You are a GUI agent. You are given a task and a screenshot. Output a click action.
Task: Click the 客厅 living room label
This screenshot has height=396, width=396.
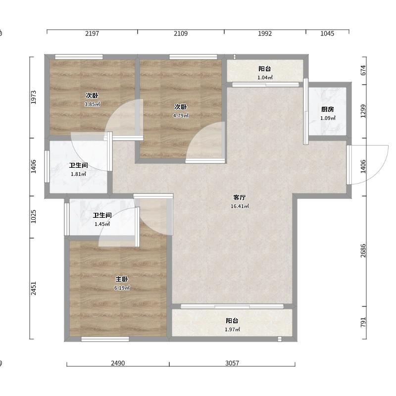[240, 197]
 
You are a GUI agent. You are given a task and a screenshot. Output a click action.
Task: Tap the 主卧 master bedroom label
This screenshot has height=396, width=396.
[122, 279]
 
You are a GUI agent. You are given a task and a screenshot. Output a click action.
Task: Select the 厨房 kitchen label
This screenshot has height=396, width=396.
[328, 109]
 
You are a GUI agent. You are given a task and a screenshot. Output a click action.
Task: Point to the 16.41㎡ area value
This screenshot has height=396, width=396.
[240, 206]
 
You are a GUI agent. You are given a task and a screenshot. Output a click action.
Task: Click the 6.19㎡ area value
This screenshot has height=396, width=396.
[122, 288]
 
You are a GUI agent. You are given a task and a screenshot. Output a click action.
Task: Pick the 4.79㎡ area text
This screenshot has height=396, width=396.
[181, 116]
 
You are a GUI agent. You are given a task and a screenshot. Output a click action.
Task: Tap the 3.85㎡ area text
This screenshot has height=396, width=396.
[92, 104]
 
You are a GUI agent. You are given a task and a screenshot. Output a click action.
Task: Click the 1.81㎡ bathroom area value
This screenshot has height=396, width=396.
[79, 174]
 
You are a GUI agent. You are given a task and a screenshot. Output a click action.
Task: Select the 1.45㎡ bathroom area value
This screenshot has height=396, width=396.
[102, 224]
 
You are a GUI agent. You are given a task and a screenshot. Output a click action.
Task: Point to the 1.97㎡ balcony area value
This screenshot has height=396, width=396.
[232, 330]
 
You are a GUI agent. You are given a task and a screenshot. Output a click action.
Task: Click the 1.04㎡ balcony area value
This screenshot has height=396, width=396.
[265, 78]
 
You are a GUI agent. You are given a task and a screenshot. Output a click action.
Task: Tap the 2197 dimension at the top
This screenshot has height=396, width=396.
[92, 33]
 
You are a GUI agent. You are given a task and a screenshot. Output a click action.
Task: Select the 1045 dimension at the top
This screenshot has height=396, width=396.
[327, 33]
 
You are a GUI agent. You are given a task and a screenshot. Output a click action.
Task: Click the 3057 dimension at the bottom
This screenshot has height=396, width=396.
[232, 363]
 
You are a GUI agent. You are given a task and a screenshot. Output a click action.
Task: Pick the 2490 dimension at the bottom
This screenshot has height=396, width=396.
[118, 363]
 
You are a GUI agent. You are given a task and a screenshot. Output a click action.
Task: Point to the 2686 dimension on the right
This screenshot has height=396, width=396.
[363, 250]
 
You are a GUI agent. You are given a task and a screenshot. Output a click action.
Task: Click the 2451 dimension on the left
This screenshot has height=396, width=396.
[33, 288]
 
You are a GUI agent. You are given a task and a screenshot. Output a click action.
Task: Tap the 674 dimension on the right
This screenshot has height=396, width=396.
[363, 70]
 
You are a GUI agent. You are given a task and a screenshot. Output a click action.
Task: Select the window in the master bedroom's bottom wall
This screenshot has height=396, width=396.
[105, 339]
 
